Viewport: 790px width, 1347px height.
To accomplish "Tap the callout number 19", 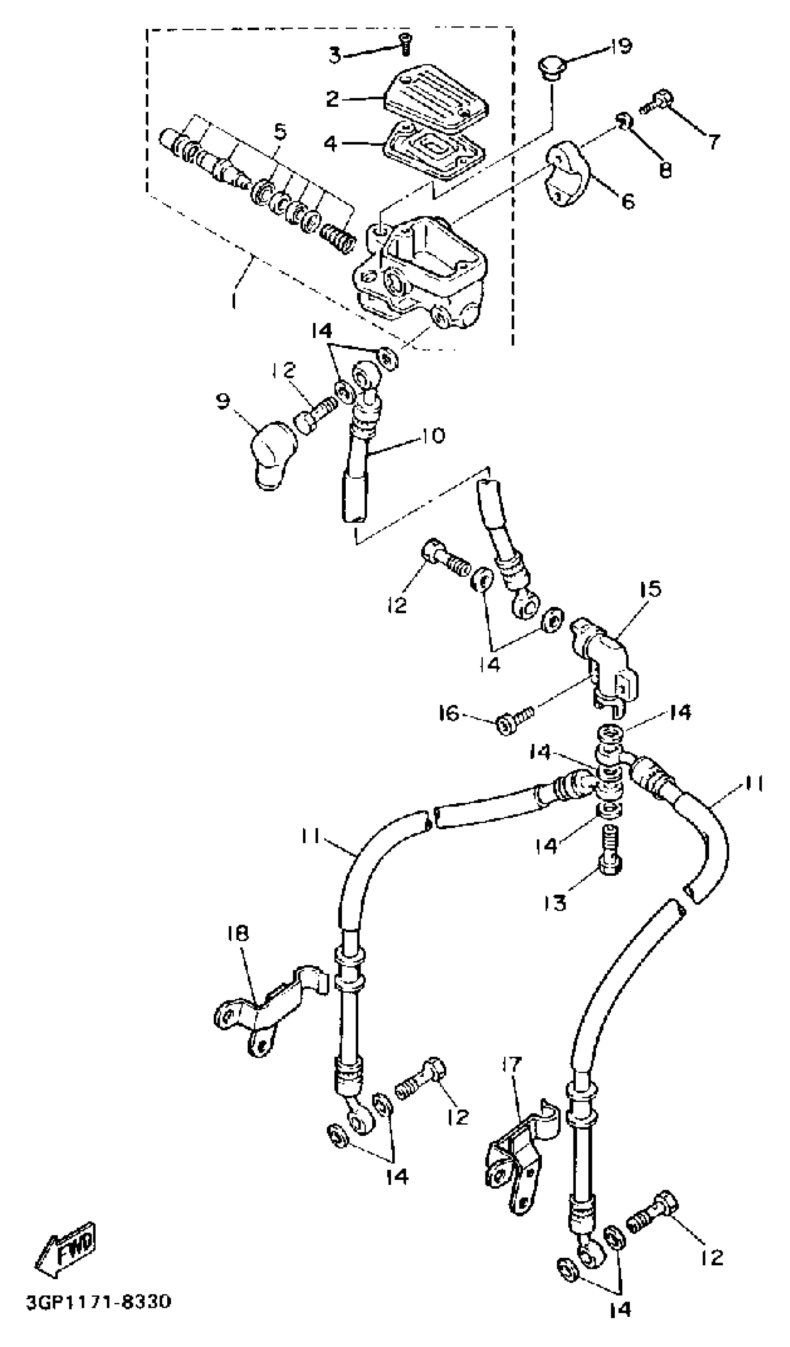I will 620,46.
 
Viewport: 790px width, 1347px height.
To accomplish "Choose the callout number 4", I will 331,144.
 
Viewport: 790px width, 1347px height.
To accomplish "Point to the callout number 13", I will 556,904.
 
